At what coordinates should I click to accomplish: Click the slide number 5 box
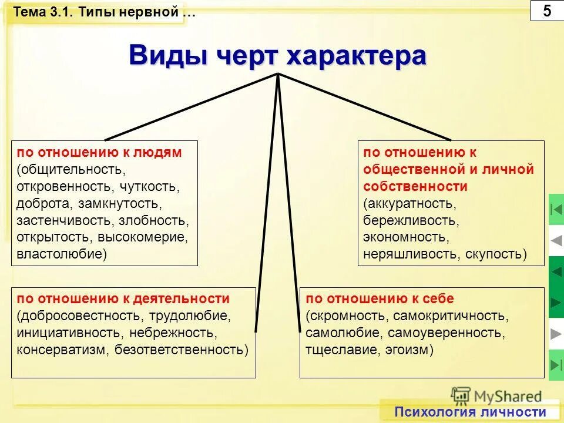tap(546, 11)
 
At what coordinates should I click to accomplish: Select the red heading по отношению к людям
tap(99, 153)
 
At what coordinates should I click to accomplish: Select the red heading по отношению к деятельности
tap(123, 298)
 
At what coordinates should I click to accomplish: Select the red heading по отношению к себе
tap(380, 298)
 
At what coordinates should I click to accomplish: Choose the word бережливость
tap(410, 221)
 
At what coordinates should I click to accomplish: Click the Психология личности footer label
tap(470, 412)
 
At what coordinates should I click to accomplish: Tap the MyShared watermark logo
tap(497, 396)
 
